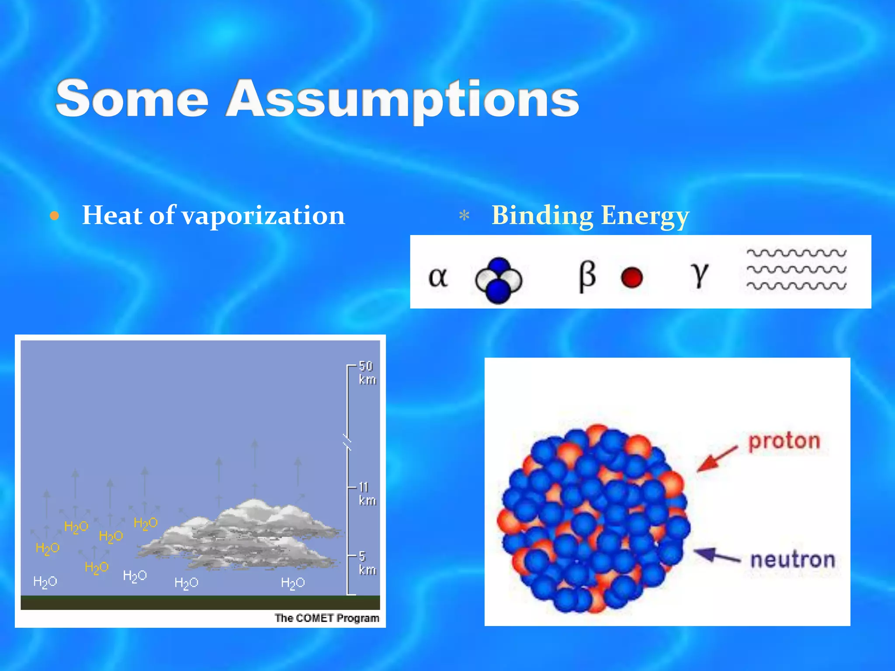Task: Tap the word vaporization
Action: [x=263, y=215]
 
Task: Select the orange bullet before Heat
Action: [x=54, y=216]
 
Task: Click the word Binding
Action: [x=542, y=215]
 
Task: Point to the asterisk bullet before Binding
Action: [x=464, y=216]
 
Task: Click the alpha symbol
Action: [x=438, y=277]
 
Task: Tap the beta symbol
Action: [x=587, y=276]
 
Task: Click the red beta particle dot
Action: [x=631, y=278]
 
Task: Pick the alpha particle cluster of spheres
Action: [x=499, y=280]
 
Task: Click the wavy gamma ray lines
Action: [x=796, y=270]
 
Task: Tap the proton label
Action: [x=784, y=441]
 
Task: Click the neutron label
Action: [x=792, y=560]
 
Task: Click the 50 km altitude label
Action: [x=367, y=373]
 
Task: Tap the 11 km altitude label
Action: [x=367, y=494]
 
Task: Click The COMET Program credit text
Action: [x=326, y=618]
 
